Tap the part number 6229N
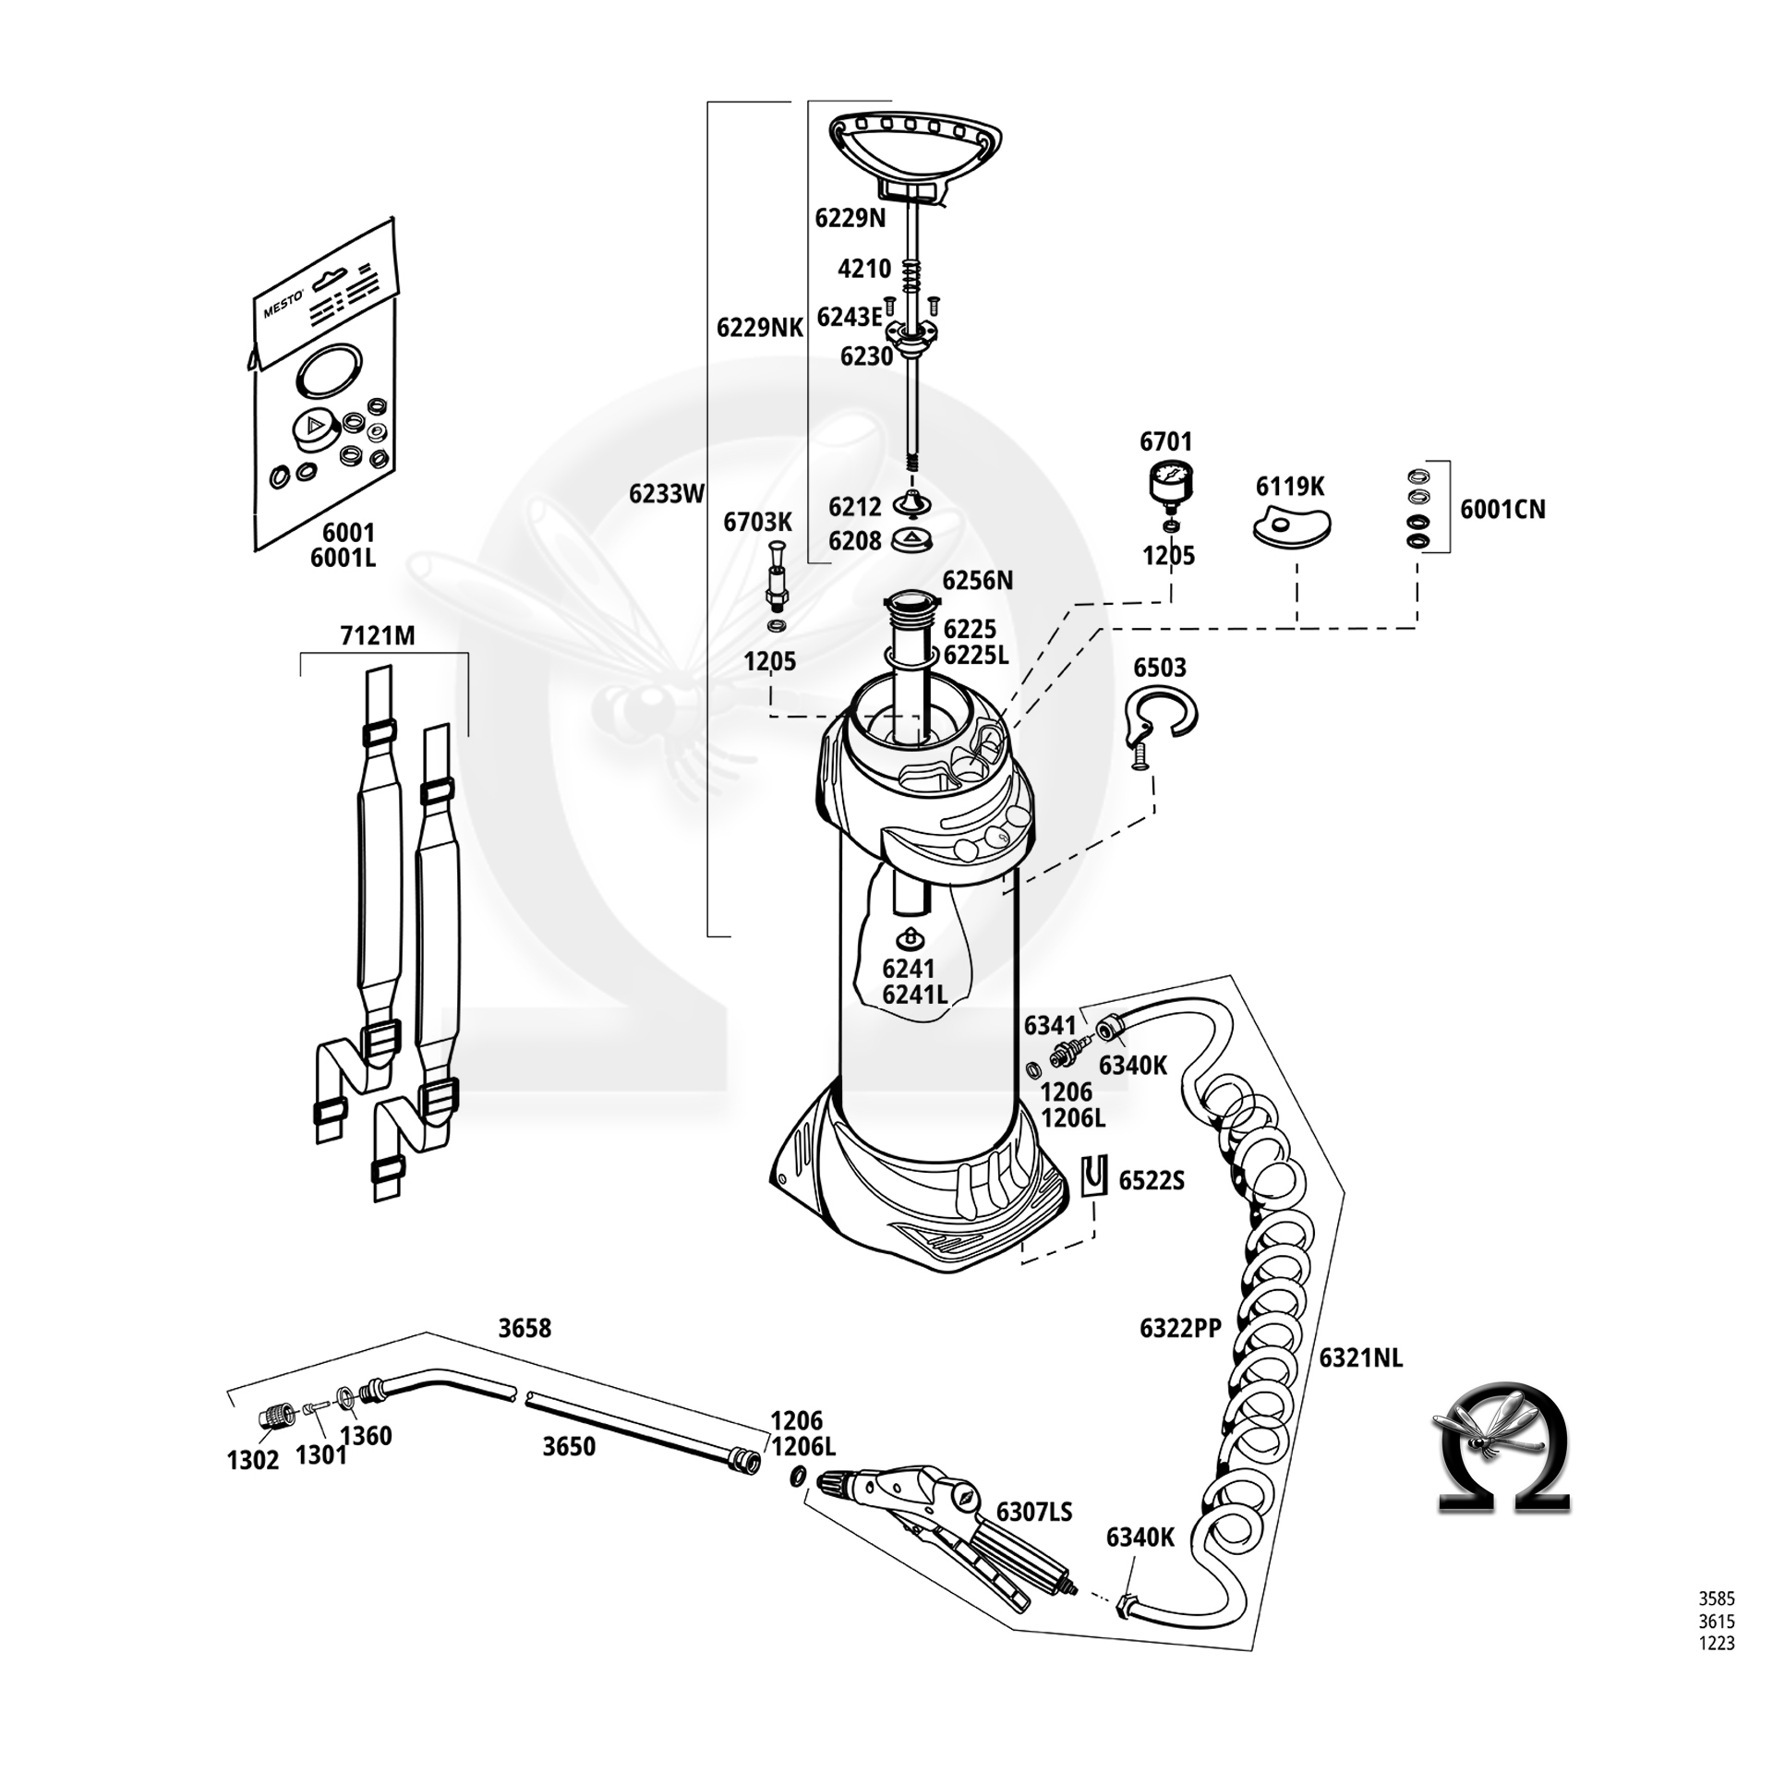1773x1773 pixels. (850, 218)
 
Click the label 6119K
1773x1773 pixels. (1289, 486)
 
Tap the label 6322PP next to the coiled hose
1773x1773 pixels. (1180, 1328)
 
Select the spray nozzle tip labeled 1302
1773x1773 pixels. (271, 1417)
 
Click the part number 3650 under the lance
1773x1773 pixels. (569, 1446)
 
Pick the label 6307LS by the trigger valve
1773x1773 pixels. (1034, 1512)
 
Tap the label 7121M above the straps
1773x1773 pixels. (378, 635)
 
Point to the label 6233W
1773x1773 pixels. (667, 494)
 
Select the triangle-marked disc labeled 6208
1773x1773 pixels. (912, 539)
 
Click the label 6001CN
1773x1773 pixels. (1502, 509)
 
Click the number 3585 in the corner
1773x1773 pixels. (1717, 1598)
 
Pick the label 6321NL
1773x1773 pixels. (1360, 1357)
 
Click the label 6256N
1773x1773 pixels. (977, 580)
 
